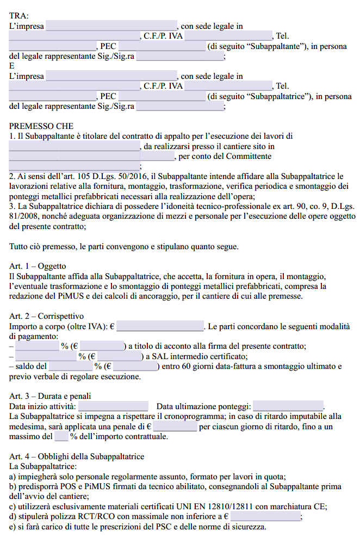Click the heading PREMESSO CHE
pos(41,126)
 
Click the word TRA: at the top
pos(20,16)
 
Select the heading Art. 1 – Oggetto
pos(38,266)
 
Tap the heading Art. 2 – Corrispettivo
pos(46,316)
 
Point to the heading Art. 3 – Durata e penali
pos(50,396)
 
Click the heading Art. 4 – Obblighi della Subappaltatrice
pos(77,456)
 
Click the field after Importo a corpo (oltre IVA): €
pos(160,326)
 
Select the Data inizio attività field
pos(113,406)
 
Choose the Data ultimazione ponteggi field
pos(288,406)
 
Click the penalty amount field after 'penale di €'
pos(175,427)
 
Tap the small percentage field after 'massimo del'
pos(61,436)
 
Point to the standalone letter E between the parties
pos(13,66)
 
